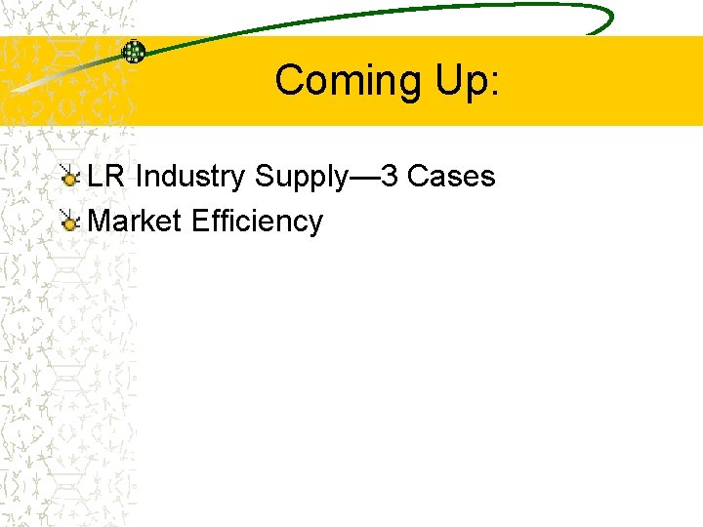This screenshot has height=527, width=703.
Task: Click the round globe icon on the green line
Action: click(x=133, y=52)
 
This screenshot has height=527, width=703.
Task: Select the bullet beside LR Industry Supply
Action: click(x=69, y=177)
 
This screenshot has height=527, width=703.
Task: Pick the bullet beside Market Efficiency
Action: click(x=69, y=223)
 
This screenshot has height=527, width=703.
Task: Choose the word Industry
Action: click(x=190, y=177)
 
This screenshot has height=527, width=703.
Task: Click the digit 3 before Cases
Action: click(x=390, y=177)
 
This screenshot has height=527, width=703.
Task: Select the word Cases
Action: click(x=451, y=177)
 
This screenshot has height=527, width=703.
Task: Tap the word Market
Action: click(x=135, y=222)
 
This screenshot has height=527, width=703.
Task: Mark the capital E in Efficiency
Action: click(x=200, y=222)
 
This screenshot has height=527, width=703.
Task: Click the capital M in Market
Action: click(x=100, y=222)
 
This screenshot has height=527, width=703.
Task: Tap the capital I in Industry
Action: click(x=140, y=177)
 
